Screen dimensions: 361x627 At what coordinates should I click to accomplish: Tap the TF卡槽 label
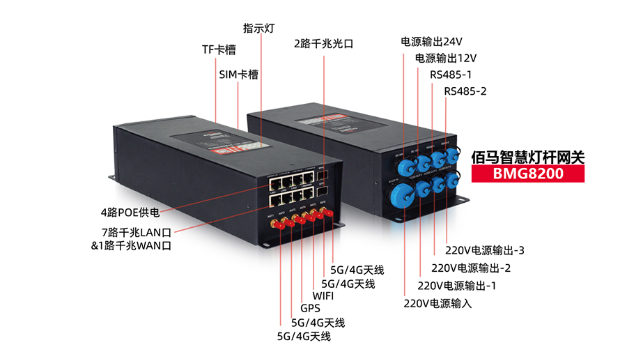[218, 49]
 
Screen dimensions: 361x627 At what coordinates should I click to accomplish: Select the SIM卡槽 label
[238, 74]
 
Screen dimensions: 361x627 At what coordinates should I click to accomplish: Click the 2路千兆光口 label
[323, 44]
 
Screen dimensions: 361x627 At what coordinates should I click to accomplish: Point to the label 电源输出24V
[432, 41]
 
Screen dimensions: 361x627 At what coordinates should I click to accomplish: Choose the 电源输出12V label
[446, 58]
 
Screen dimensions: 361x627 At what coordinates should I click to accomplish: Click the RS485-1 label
[451, 75]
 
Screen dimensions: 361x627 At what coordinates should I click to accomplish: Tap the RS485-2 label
[465, 91]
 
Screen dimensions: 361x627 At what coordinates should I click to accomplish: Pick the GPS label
[310, 309]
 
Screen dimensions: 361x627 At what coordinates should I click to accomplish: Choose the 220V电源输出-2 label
[472, 268]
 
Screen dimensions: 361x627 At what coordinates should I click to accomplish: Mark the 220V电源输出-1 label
[456, 285]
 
